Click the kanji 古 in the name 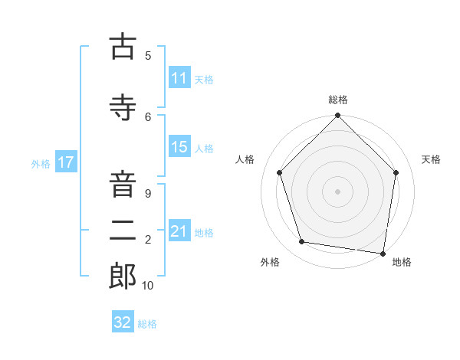123,47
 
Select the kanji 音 123,186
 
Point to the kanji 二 123,230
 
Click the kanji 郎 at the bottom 123,277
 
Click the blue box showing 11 179,78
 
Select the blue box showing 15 179,147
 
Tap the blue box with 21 179,231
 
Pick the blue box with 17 65,162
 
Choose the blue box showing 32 123,322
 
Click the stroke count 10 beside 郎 148,286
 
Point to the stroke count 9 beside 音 148,194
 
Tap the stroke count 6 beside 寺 148,116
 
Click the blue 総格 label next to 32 147,324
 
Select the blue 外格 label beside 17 41,163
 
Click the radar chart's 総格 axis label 337,100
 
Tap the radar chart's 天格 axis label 431,159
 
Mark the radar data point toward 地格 383,253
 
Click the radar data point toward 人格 279,172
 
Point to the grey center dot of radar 337,191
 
